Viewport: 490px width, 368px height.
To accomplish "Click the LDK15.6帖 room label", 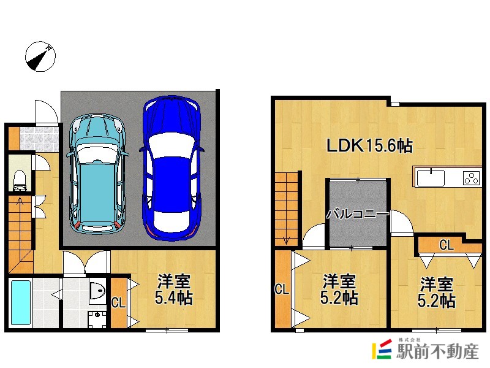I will click(x=368, y=146).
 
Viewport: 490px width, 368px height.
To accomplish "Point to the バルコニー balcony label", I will click(x=357, y=215).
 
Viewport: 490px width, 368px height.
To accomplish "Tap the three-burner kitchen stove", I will click(x=472, y=178).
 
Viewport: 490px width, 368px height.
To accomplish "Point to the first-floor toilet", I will click(x=20, y=178).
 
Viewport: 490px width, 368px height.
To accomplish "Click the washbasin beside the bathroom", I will click(x=97, y=291).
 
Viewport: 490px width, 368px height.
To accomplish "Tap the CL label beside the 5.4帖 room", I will click(x=118, y=302).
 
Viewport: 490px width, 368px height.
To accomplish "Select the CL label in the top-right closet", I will click(x=446, y=246).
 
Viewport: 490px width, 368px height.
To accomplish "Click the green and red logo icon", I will click(x=383, y=350).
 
